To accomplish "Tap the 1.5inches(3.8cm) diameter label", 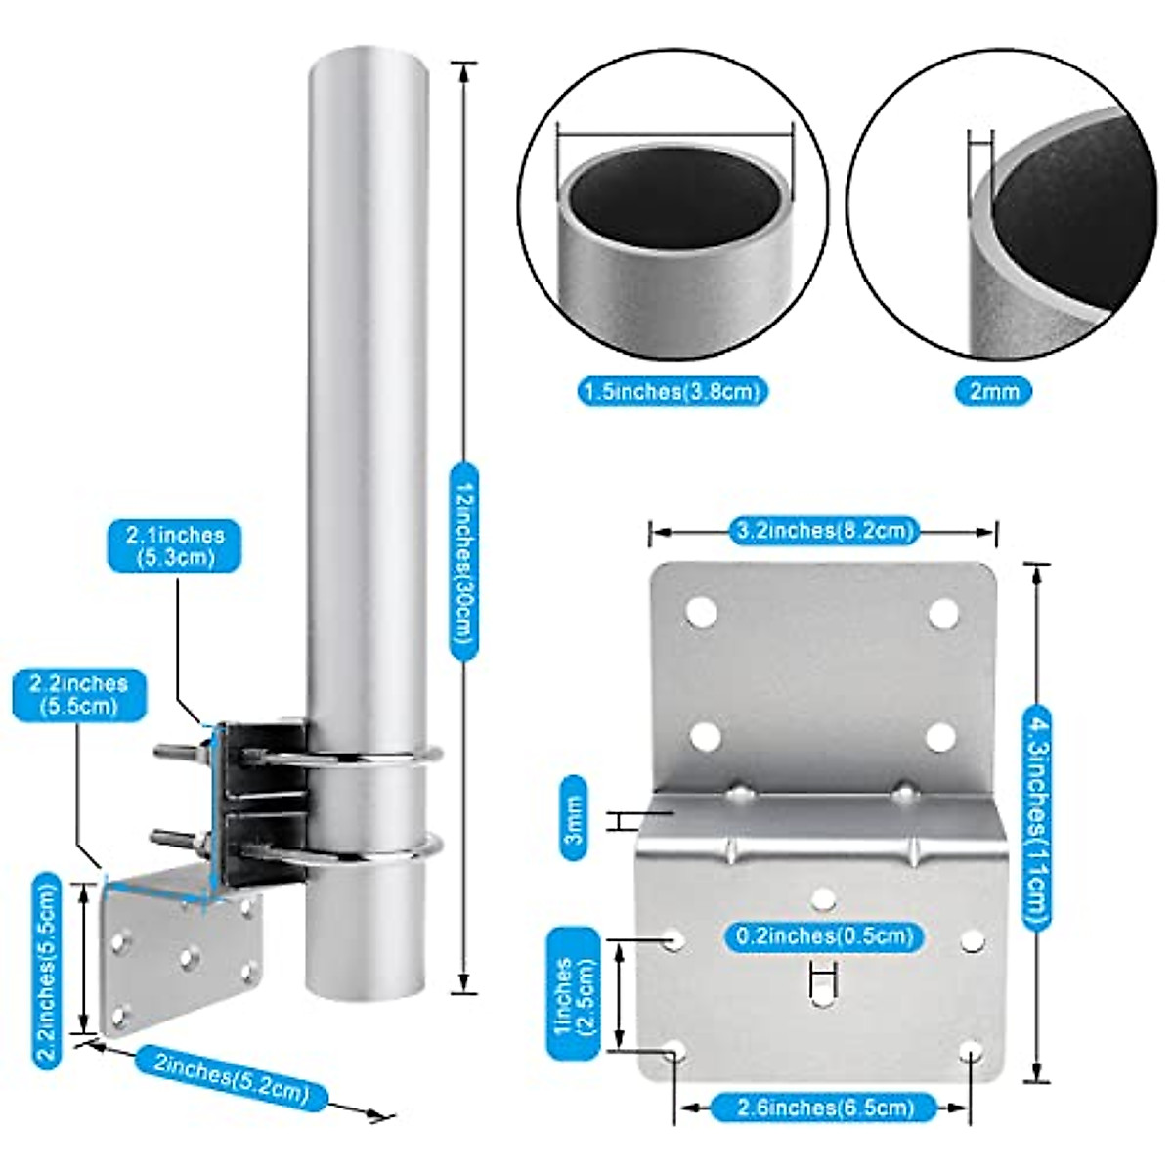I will [x=673, y=391].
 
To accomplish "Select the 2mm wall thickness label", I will [x=993, y=391].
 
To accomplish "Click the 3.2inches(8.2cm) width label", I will [x=823, y=531].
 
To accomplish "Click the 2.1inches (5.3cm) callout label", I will [x=174, y=546].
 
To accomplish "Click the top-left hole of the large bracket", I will [x=700, y=613].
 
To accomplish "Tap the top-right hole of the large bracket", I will [x=943, y=614].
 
